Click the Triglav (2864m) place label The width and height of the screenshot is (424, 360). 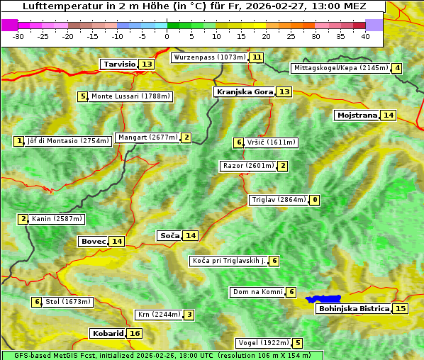tap(279, 200)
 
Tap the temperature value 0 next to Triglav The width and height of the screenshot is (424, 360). tap(314, 200)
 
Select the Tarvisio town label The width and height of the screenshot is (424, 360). tap(119, 64)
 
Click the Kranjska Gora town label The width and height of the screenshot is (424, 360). tap(244, 91)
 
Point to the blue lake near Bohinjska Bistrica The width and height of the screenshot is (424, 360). tap(323, 299)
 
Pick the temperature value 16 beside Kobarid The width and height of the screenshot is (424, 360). tap(135, 333)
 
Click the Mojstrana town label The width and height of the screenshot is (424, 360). tap(357, 115)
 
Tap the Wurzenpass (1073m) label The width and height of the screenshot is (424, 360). tap(210, 57)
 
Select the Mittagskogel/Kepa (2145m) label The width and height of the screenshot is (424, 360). tap(340, 68)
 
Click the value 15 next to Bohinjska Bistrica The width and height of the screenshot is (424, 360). tap(401, 308)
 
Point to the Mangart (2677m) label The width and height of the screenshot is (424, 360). tap(147, 137)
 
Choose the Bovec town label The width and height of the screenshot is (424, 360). tap(93, 241)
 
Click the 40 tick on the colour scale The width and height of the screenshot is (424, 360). tap(365, 36)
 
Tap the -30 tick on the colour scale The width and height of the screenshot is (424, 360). tap(18, 36)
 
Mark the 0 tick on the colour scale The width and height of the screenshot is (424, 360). tap(167, 36)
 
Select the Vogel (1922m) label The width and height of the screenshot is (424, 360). tap(263, 343)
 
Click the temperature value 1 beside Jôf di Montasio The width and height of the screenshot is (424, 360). tap(18, 141)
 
